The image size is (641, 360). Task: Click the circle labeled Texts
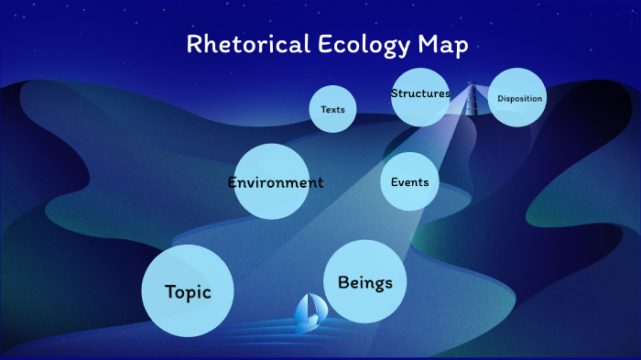tap(332, 109)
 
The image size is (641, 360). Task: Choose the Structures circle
tap(420, 96)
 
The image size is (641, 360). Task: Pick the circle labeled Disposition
tap(517, 98)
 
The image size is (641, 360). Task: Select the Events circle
tap(409, 181)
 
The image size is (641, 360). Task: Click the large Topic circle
tap(188, 291)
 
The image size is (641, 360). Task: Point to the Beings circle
tap(364, 282)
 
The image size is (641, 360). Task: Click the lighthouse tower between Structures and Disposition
tap(473, 98)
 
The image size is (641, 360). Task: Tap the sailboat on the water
tap(308, 312)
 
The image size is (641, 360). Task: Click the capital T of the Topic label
tap(170, 292)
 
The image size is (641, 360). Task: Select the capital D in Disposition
tap(500, 99)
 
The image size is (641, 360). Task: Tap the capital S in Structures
tap(395, 93)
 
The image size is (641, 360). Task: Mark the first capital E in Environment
tap(233, 182)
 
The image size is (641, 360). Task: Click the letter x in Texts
tap(332, 110)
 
